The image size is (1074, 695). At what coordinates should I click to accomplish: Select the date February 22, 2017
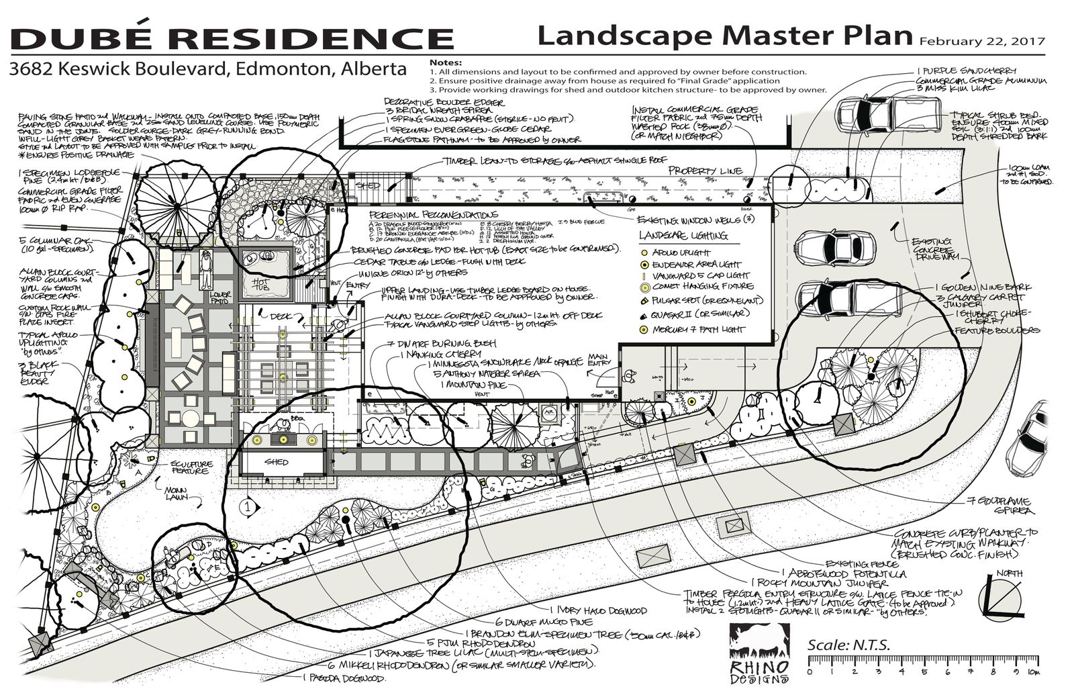(982, 40)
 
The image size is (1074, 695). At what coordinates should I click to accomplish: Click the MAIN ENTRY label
(599, 361)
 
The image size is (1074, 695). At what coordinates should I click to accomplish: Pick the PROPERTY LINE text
(704, 171)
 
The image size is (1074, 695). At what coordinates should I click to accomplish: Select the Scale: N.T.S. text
(848, 645)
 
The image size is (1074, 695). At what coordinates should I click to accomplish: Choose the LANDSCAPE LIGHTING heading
(682, 236)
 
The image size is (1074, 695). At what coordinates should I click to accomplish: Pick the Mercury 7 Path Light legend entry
(694, 329)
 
